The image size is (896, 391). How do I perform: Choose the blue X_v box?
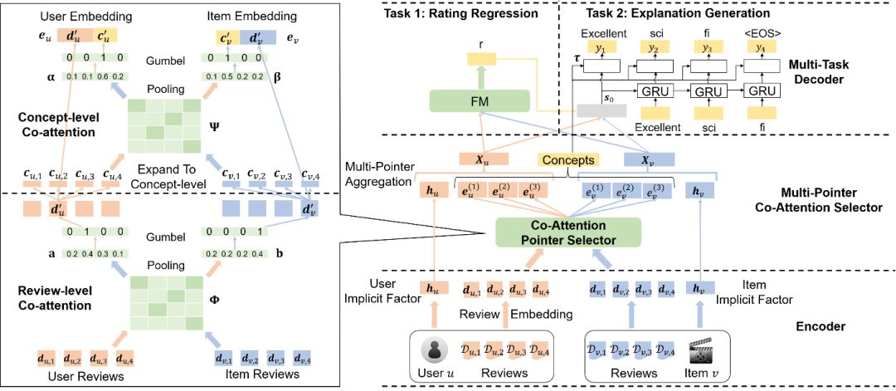pyautogui.click(x=649, y=160)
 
